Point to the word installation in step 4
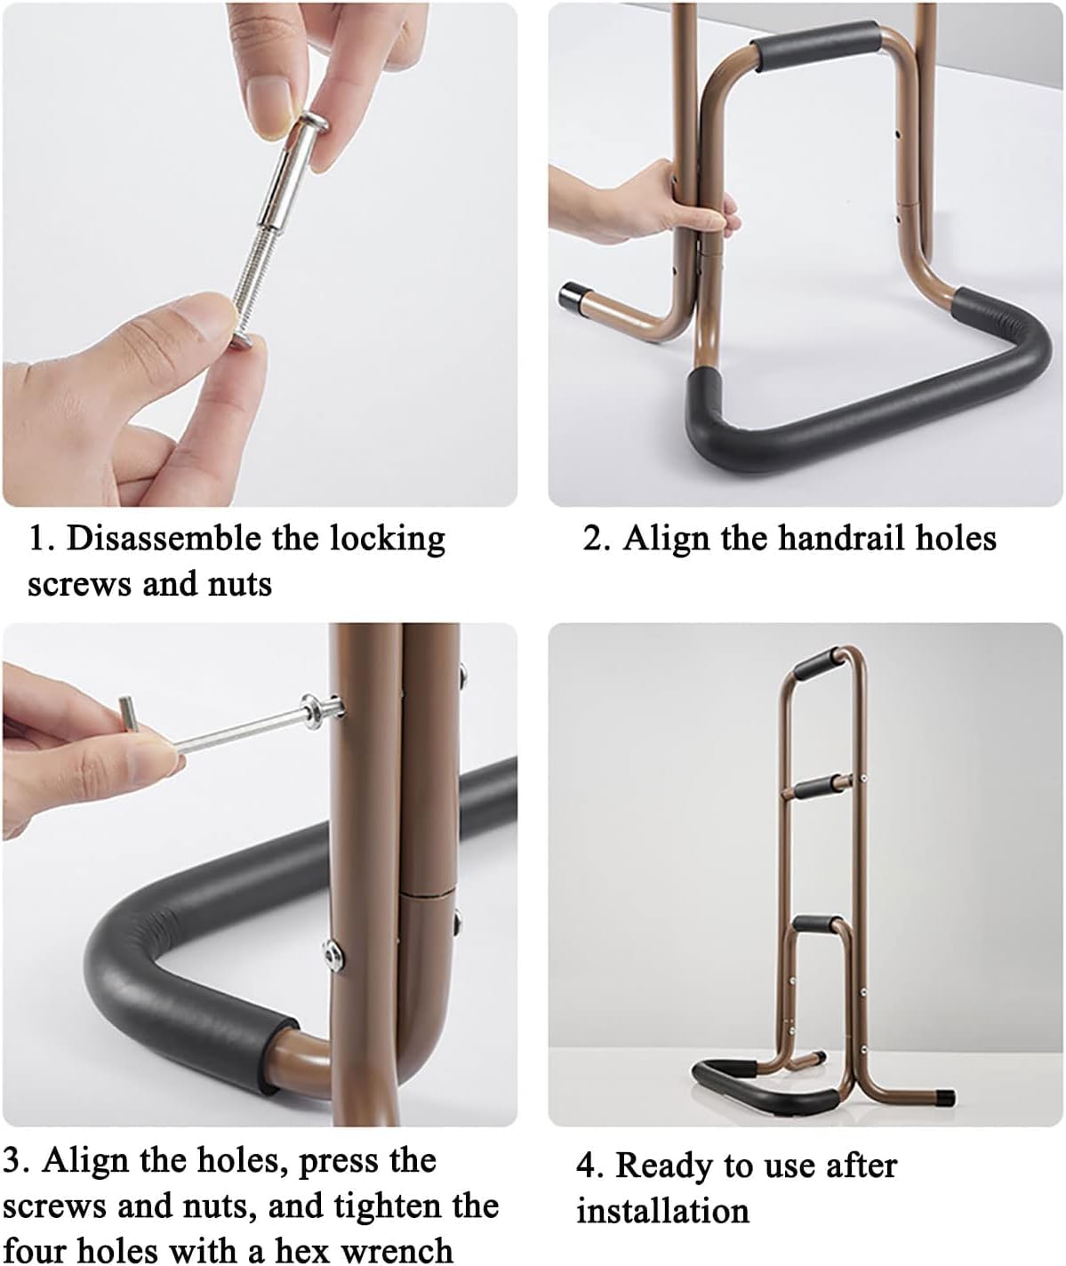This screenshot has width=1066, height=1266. click(x=662, y=1212)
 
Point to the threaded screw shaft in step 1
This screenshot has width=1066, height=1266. click(x=246, y=285)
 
